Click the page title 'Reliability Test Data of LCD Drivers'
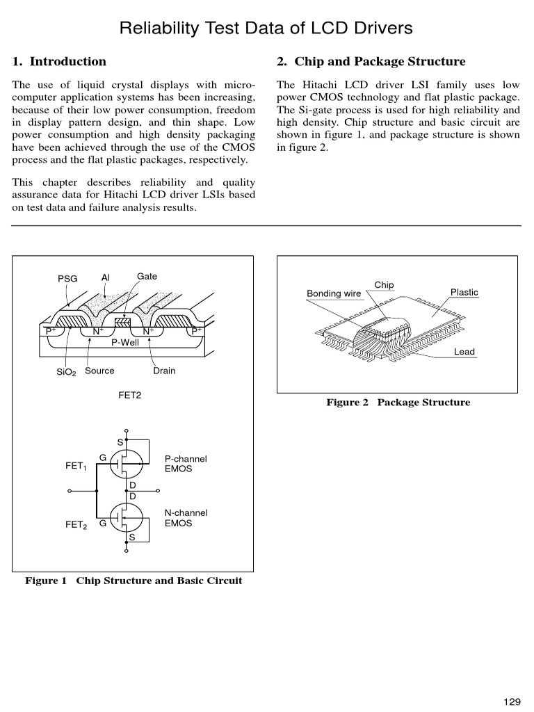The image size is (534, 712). coord(266,29)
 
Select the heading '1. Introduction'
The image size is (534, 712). coord(60,62)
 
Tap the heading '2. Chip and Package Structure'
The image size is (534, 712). coord(371,62)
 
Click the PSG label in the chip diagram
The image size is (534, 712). coord(67,279)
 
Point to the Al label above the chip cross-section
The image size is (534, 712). coord(106,277)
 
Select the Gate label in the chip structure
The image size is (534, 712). coord(147,277)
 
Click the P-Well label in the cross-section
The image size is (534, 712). coord(125,342)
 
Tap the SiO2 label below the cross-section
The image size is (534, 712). coord(66,373)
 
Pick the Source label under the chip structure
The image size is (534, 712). coord(99,371)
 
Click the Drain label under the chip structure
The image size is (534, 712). coord(164,371)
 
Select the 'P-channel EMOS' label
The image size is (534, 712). coord(186,464)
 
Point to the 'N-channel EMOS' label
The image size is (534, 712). coord(186,518)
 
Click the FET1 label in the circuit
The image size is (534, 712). coord(76,467)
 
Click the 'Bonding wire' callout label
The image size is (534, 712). coord(334,294)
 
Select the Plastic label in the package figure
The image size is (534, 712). coord(464,293)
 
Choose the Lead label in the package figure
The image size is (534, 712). coord(464,352)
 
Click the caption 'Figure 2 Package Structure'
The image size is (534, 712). coord(398,403)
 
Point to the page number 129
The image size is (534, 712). coord(512,702)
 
